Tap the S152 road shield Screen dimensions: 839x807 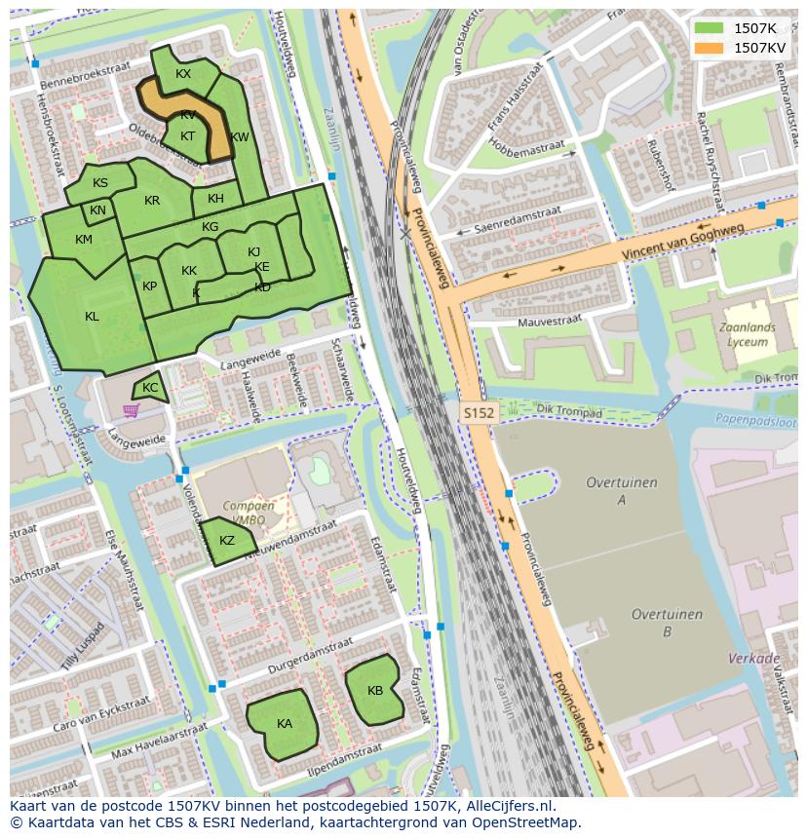coord(479,413)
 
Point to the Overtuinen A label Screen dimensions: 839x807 coord(621,491)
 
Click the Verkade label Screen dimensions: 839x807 coord(748,659)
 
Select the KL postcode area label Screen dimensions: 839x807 coord(92,316)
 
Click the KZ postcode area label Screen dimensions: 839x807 coord(226,541)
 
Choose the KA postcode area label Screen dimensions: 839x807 coord(284,723)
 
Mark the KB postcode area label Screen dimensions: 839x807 coord(375,690)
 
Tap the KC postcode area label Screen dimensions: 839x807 coord(150,388)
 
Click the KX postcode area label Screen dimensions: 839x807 coord(183,74)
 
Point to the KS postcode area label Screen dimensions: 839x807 coord(100,183)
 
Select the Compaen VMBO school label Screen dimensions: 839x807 coord(249,514)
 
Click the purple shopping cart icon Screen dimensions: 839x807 coord(131,410)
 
